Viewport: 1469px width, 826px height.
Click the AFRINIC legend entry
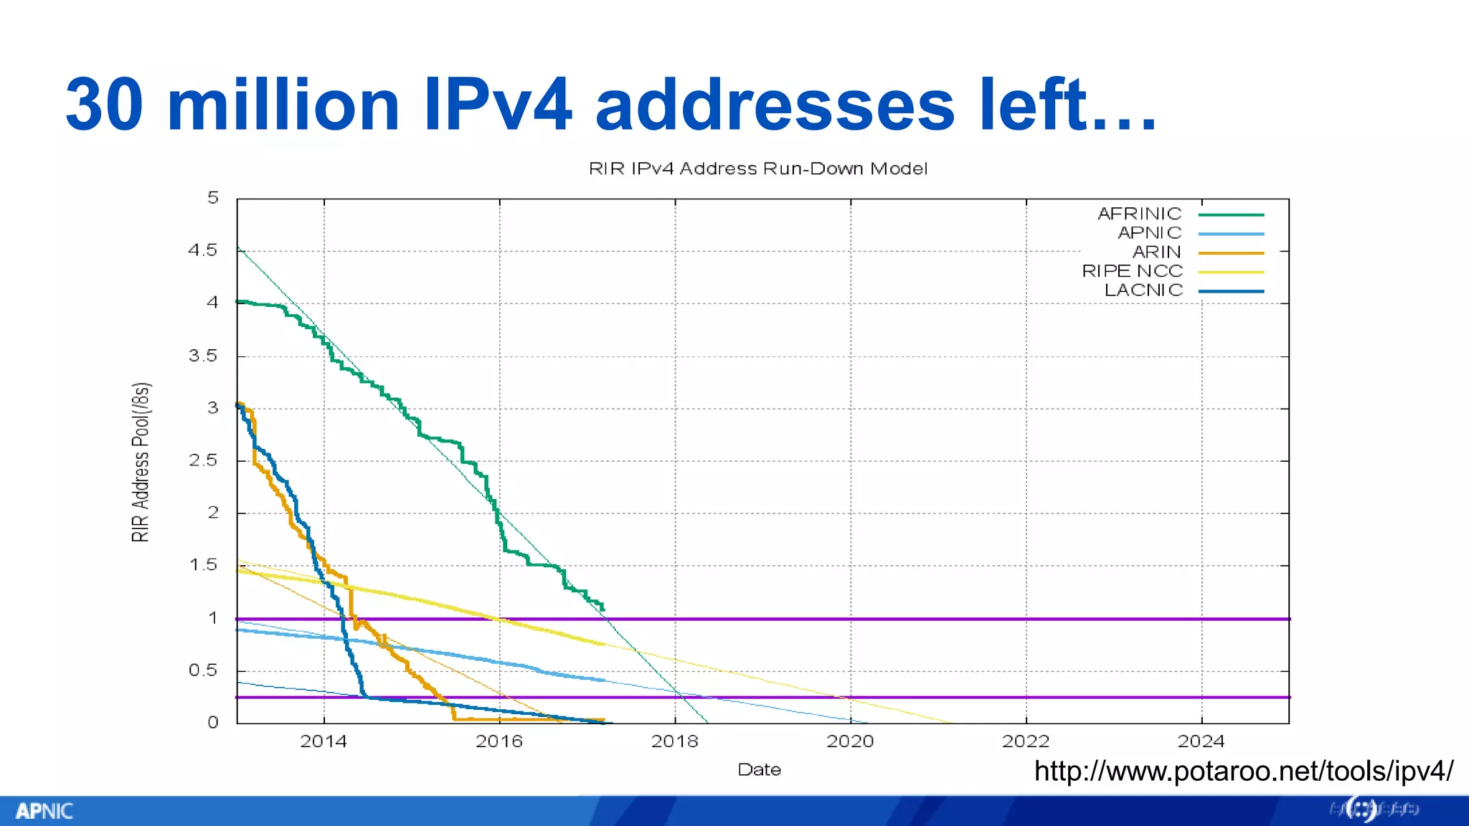(x=1139, y=214)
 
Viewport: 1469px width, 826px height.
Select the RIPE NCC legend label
(x=1132, y=271)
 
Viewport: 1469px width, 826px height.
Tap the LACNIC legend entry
(x=1143, y=290)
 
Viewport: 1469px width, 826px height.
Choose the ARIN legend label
(x=1156, y=252)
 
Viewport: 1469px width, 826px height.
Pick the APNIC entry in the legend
(x=1149, y=233)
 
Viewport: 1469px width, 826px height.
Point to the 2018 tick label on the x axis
(x=674, y=741)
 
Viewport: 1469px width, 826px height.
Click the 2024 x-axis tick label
(x=1201, y=741)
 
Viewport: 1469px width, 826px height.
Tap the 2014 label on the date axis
(x=323, y=741)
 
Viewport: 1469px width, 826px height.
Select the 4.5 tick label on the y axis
(x=202, y=250)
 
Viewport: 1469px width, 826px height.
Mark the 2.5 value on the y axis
(x=202, y=460)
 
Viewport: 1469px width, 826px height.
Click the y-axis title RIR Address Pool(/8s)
(x=141, y=462)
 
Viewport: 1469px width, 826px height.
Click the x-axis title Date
(x=759, y=770)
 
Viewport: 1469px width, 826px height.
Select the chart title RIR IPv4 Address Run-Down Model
(x=758, y=168)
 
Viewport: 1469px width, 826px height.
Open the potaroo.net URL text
(x=1243, y=772)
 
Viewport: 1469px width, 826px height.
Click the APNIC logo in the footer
(x=44, y=811)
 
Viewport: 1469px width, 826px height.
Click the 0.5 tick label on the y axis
(x=202, y=670)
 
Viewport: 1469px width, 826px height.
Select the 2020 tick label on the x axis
(x=850, y=741)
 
